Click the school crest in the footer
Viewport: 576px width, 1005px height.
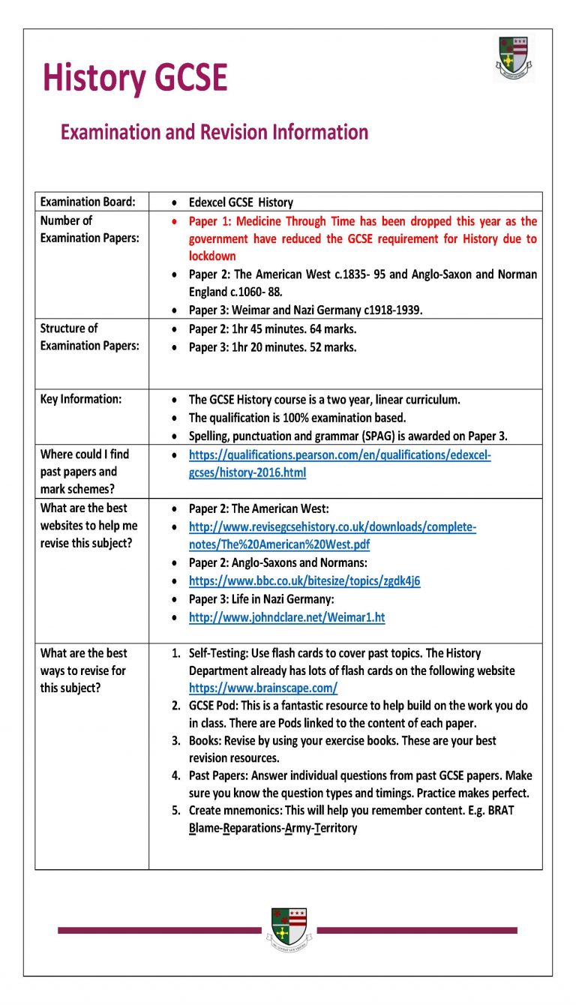[289, 929]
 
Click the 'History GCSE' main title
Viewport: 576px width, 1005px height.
[135, 78]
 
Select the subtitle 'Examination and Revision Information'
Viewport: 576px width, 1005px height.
[214, 133]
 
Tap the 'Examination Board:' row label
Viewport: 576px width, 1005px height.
[88, 202]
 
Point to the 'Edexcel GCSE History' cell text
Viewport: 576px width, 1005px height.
[241, 202]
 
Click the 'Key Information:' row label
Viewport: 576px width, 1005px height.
[80, 399]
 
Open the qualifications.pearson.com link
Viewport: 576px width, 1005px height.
[339, 463]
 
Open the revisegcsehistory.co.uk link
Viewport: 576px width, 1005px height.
[332, 535]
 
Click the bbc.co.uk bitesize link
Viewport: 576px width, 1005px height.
[304, 580]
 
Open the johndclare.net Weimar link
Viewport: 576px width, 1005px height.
[286, 617]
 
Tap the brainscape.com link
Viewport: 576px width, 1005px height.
[262, 688]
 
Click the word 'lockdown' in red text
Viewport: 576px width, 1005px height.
[212, 256]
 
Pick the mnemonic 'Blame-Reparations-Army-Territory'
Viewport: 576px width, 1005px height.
[273, 828]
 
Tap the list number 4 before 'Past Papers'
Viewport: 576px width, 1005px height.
[175, 775]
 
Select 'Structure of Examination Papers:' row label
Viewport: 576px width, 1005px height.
[89, 337]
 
